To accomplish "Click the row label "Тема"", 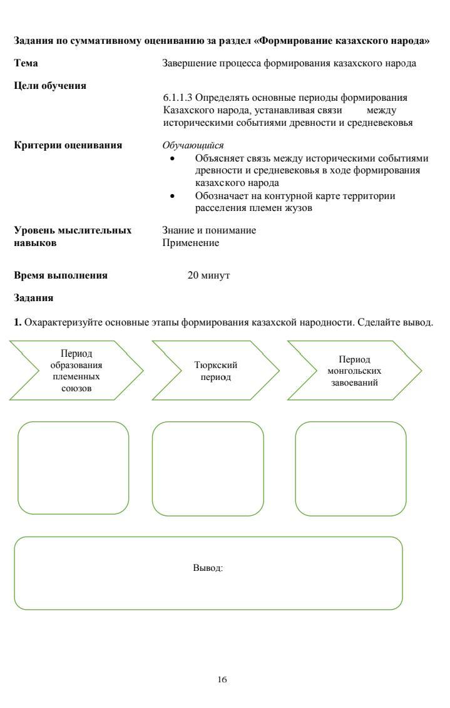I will (25, 63).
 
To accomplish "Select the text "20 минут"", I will (209, 275).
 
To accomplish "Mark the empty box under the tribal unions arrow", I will (73, 468).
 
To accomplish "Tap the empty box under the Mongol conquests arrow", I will (350, 468).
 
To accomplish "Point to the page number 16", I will (222, 679).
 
